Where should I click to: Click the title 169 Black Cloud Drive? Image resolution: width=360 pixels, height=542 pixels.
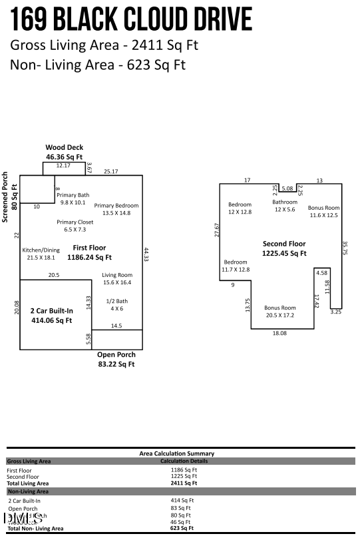(x=131, y=19)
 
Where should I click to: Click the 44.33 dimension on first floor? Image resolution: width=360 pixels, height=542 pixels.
(x=146, y=255)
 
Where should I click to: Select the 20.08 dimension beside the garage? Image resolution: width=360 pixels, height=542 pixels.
(x=17, y=307)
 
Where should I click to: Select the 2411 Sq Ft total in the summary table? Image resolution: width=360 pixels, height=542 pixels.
(x=184, y=483)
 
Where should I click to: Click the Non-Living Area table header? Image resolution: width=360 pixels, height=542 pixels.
(x=28, y=491)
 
